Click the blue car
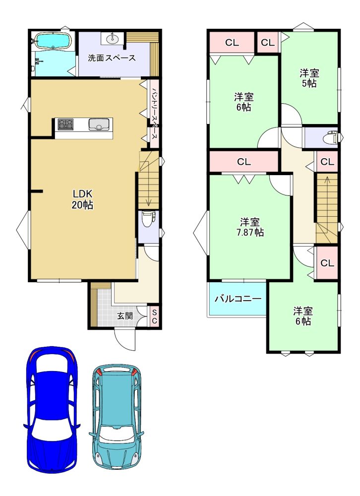52,410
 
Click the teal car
117,419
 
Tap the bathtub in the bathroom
53,41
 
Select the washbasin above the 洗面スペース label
113,39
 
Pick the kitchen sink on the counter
99,124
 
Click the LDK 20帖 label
83,199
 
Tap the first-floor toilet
148,219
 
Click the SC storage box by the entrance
154,316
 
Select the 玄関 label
124,315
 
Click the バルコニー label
238,299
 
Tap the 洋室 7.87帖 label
250,227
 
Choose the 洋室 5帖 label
309,78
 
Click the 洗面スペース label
112,58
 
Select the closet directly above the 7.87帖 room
243,162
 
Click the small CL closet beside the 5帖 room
268,42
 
